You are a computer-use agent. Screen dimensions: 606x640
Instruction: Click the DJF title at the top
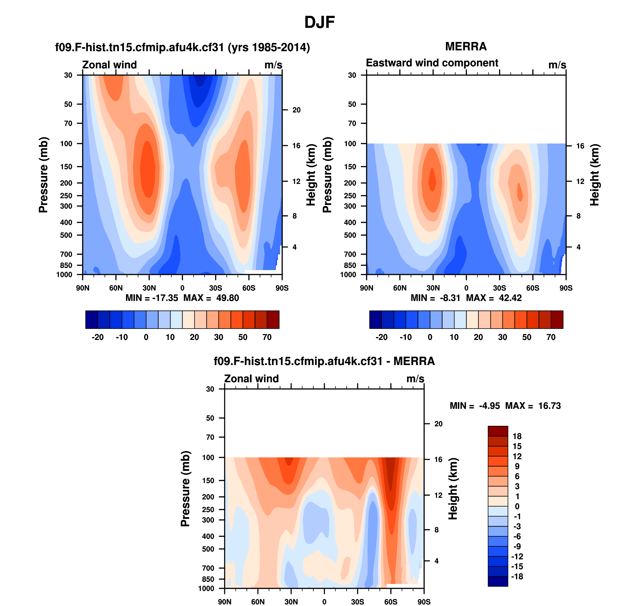pos(319,22)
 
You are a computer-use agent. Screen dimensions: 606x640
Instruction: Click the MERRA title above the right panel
pos(466,46)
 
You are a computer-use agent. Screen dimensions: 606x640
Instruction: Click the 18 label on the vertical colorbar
pos(517,436)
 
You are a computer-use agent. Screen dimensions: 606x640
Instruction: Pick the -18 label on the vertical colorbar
pos(517,577)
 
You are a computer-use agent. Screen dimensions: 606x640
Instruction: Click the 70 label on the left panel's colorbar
pos(267,337)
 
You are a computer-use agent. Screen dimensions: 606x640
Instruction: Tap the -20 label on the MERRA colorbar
pos(381,337)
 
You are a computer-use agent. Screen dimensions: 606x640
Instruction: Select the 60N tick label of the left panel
pos(116,288)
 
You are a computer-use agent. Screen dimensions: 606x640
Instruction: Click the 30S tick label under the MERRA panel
pos(499,288)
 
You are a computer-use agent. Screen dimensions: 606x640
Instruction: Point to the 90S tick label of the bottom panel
pos(424,602)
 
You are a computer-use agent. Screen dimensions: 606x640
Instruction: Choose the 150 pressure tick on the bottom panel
pos(208,481)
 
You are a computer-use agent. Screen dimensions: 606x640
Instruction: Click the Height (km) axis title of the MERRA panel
pos(595,175)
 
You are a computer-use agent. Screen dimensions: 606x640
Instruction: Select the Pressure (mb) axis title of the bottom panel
pos(185,489)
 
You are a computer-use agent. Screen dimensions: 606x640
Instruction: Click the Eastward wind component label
pos(432,63)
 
